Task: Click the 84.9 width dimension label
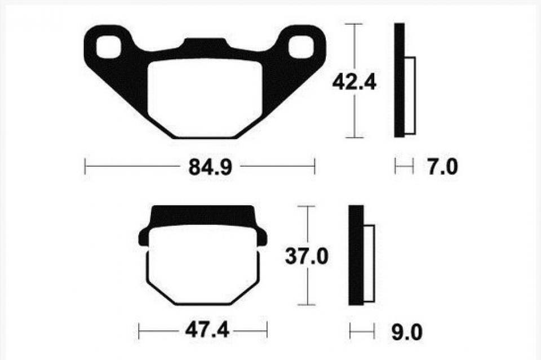tap(210, 167)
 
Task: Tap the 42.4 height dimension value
tap(354, 83)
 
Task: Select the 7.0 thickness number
tap(443, 167)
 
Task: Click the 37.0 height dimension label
tap(307, 256)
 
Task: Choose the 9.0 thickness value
tap(407, 333)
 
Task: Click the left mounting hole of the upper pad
tap(108, 47)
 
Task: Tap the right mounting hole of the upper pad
tap(301, 47)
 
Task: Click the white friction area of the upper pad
tap(205, 97)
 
